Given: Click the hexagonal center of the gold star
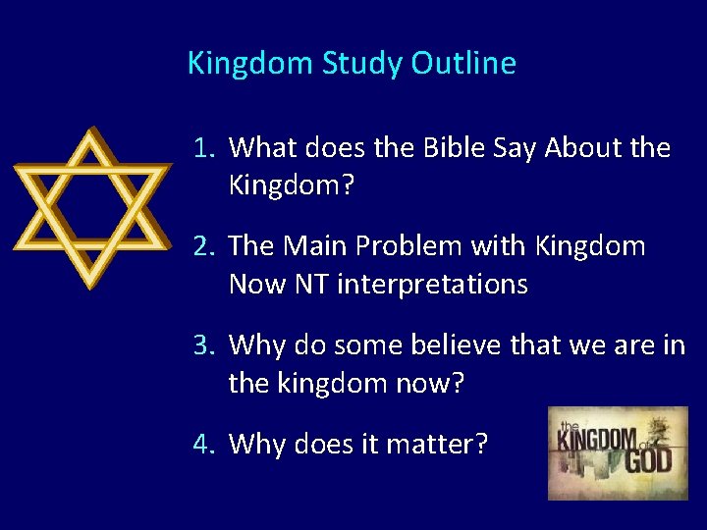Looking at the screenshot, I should [89, 208].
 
